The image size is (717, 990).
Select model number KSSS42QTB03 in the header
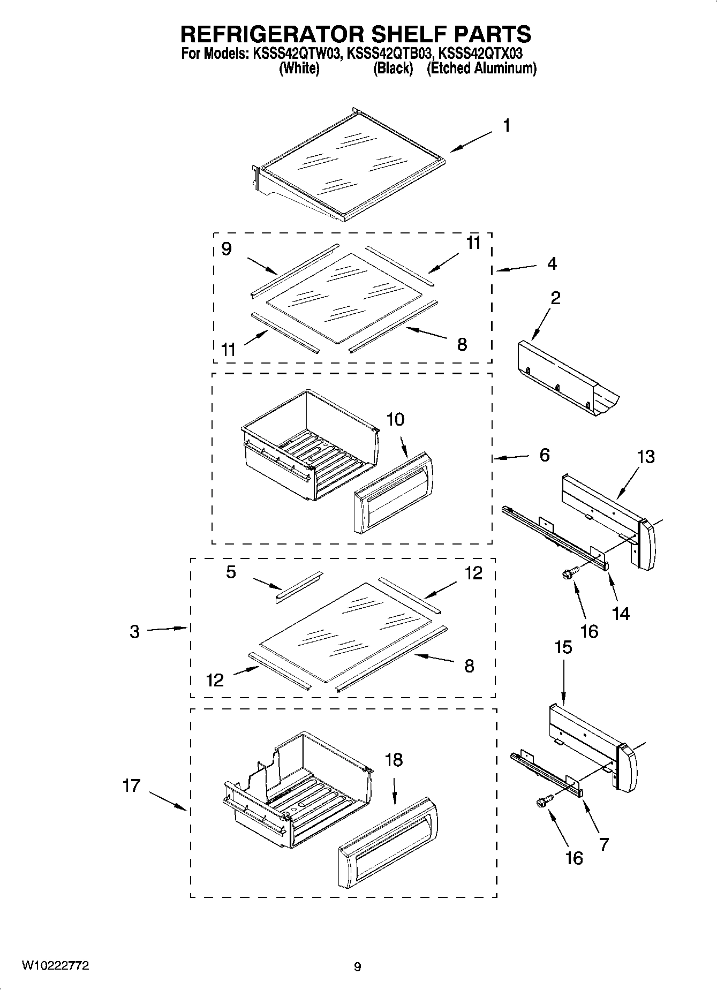point(389,54)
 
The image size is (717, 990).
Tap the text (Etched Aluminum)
point(481,69)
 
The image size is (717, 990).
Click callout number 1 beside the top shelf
point(506,126)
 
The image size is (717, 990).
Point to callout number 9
point(227,249)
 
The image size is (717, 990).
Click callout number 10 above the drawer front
point(395,419)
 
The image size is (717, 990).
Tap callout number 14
point(621,614)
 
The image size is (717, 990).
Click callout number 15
point(563,647)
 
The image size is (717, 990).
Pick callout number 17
point(131,785)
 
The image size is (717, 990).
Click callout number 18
point(394,760)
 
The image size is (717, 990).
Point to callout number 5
point(231,572)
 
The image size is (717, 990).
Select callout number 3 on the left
point(134,632)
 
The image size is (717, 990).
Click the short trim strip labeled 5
point(299,587)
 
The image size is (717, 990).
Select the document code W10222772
point(55,966)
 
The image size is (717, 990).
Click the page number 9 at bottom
point(358,967)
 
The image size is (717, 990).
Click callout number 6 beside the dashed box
point(545,455)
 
